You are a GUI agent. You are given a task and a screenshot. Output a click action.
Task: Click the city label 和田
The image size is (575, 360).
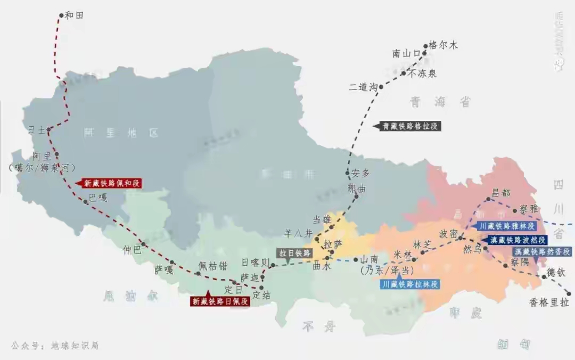[x=75, y=15]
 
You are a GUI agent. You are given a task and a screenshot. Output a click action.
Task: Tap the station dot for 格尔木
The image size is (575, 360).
[x=426, y=46]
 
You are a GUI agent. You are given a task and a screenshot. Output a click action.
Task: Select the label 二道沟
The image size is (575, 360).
[x=363, y=87]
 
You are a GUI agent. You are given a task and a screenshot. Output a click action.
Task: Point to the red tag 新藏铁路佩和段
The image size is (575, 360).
[x=111, y=183]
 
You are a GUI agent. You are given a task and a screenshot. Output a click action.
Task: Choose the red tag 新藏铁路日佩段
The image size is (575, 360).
[x=220, y=301]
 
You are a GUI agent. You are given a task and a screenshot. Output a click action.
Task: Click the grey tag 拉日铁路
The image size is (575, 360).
[x=294, y=253]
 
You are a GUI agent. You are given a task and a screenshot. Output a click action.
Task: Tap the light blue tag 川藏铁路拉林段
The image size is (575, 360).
[x=410, y=284]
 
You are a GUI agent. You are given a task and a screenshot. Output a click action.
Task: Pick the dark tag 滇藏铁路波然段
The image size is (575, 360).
[x=517, y=240]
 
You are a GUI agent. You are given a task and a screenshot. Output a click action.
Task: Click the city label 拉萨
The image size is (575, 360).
[x=334, y=244]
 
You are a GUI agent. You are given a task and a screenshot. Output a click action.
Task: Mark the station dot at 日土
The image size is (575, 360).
[x=48, y=129]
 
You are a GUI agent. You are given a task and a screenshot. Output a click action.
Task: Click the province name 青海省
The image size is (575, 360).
[x=440, y=102]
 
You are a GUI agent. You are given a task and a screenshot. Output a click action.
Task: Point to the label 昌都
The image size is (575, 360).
[x=501, y=192]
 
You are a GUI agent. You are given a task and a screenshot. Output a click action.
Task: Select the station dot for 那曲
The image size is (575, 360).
[x=357, y=196]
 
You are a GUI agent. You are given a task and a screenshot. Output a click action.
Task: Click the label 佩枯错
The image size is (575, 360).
[x=213, y=266]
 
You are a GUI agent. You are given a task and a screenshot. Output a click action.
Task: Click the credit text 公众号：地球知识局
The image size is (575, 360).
[x=54, y=345]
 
